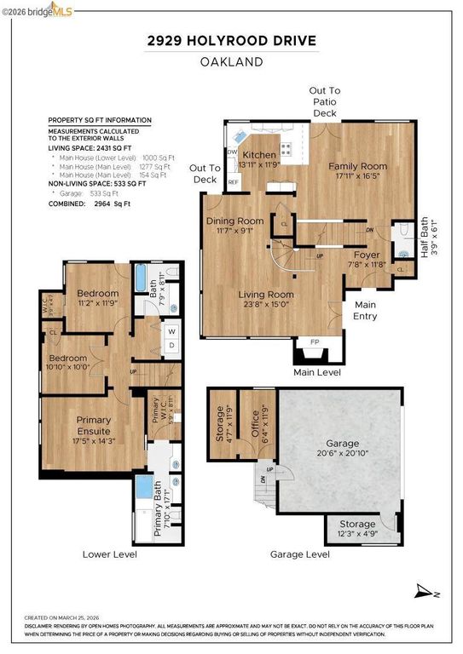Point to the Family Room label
[358, 166]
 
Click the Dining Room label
[234, 221]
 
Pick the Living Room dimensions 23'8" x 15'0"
[266, 307]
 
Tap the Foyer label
[367, 254]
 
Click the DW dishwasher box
[232, 152]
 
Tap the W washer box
[171, 331]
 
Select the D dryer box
[171, 345]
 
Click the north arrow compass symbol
[424, 591]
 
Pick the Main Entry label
[365, 311]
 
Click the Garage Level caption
[299, 554]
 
